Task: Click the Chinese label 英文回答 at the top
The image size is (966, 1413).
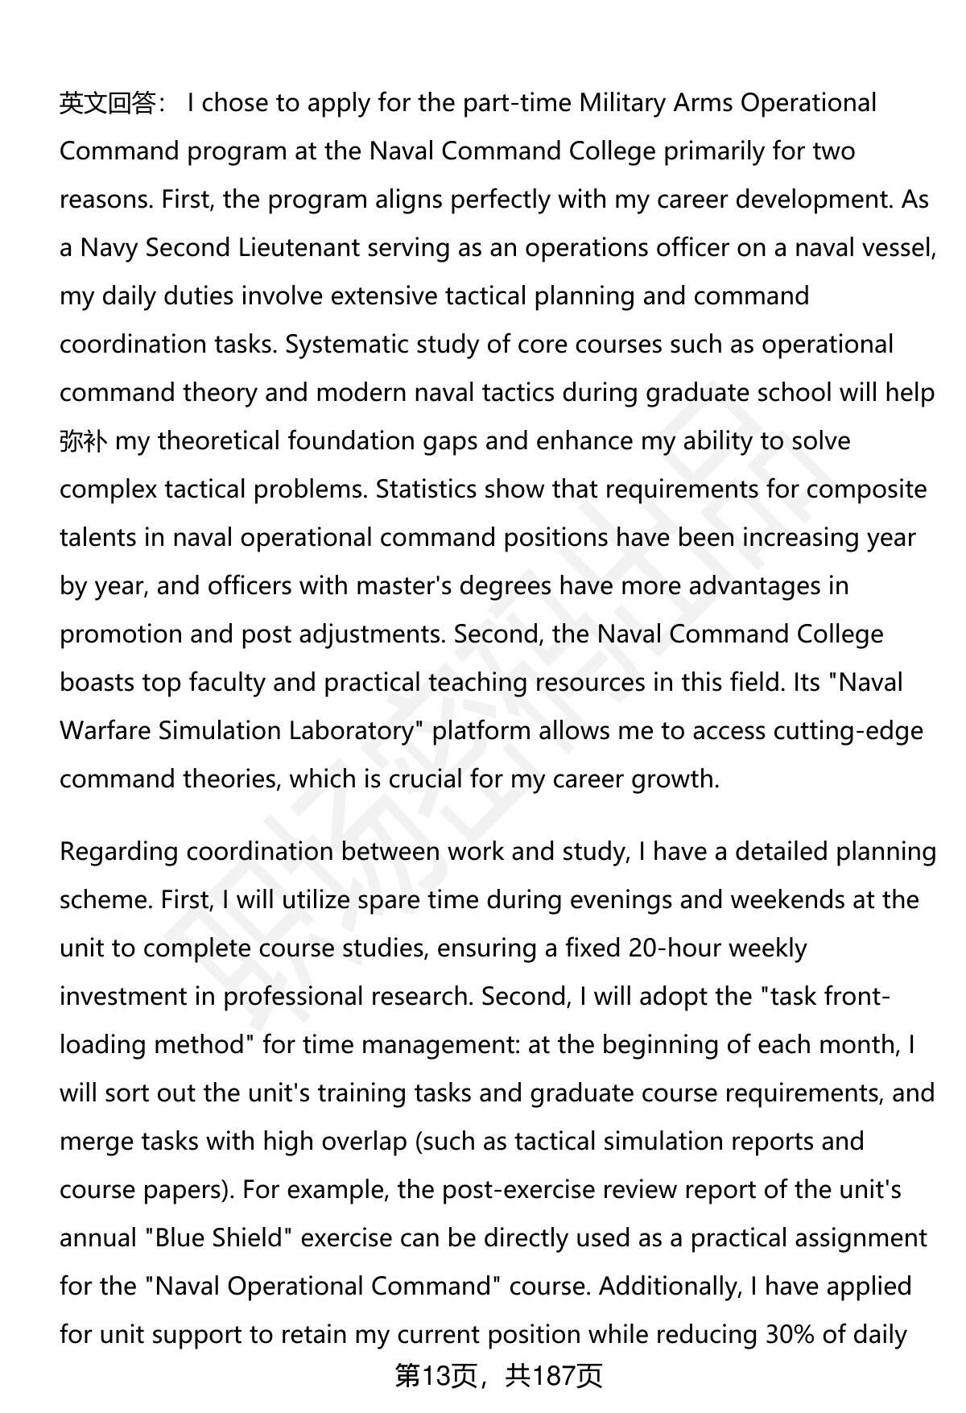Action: click(108, 103)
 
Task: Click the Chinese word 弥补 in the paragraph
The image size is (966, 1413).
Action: click(83, 441)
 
